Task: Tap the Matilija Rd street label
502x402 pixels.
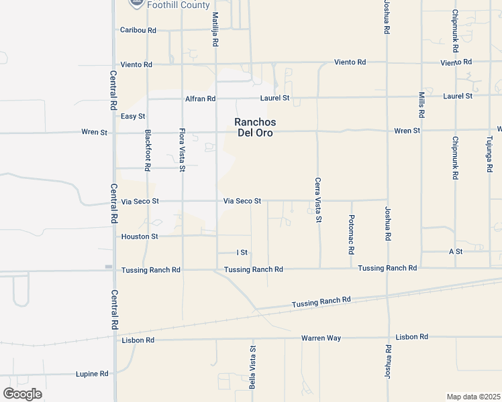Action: coord(215,29)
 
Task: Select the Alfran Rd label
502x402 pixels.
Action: coord(201,98)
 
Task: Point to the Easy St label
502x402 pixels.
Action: coord(133,117)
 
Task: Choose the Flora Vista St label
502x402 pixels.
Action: coord(182,150)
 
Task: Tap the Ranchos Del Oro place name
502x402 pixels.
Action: coord(255,127)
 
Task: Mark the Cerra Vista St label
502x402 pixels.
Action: coord(319,200)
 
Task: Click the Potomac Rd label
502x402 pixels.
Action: coord(351,234)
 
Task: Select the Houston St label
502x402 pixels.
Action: coord(140,237)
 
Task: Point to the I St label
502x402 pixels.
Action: coord(243,253)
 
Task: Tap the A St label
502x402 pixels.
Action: coord(456,251)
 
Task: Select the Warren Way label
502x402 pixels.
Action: coord(321,338)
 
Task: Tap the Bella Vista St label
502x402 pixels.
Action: coord(253,367)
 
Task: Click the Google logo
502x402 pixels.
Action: coord(22,393)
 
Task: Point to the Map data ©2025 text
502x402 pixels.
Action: coord(473,397)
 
